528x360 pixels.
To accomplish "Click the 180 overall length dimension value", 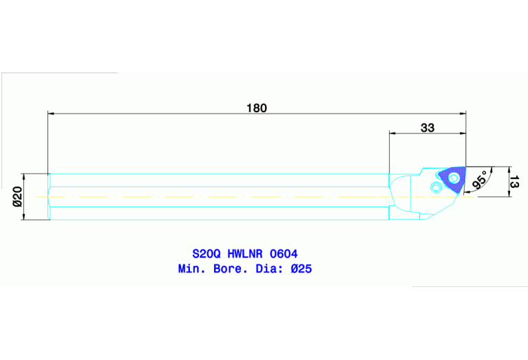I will click(x=256, y=108).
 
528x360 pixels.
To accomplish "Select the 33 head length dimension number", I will click(x=427, y=127).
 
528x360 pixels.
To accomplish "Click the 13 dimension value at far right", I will click(x=514, y=182).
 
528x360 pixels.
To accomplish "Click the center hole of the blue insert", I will click(x=454, y=179).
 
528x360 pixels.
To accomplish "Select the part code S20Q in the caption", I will click(x=204, y=254).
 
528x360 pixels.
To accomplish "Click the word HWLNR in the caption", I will click(x=244, y=254).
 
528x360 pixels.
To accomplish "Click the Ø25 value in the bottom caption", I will click(x=301, y=268).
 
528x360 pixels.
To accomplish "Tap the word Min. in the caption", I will click(x=191, y=268).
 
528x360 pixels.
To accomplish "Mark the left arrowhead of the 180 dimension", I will click(x=51, y=113).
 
